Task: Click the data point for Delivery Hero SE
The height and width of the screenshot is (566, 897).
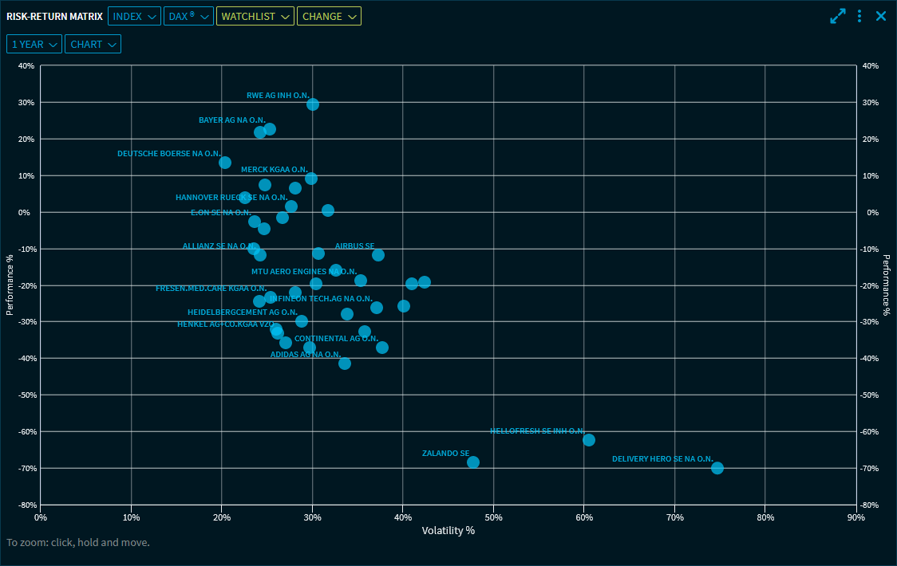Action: (717, 468)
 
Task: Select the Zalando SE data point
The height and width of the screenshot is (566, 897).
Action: (473, 462)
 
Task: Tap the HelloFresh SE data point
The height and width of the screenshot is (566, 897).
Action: (589, 440)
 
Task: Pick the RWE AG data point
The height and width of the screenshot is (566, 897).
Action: (313, 104)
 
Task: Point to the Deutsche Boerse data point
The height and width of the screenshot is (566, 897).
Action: (225, 163)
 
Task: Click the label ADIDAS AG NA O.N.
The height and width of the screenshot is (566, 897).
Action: (306, 354)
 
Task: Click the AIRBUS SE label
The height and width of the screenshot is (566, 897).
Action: (354, 246)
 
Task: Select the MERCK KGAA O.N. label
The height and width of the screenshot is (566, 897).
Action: (274, 170)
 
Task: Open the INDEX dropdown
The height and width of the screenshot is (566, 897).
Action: (134, 16)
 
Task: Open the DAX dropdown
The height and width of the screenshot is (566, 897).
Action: (188, 16)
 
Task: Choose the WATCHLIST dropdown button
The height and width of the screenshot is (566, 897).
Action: (255, 16)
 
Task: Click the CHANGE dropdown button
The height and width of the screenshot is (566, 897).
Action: (329, 16)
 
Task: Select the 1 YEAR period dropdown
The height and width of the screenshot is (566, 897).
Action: (34, 45)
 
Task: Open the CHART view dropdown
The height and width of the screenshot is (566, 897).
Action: (93, 45)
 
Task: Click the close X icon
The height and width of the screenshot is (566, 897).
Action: (881, 16)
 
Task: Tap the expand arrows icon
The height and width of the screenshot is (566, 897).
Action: (838, 16)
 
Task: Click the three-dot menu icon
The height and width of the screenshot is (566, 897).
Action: (859, 16)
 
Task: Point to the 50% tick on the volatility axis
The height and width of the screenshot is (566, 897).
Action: (493, 517)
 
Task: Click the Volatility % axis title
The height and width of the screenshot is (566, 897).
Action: (448, 531)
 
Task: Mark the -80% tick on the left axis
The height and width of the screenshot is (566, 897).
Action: (26, 505)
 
